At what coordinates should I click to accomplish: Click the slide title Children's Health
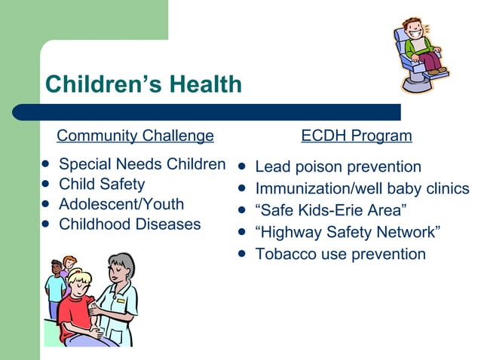(143, 84)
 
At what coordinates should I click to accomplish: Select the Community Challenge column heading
(136, 136)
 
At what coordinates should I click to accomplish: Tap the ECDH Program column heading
(357, 136)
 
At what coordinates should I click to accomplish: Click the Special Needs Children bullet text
(142, 164)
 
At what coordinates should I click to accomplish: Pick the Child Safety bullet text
(102, 185)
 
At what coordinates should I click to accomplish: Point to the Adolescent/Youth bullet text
(121, 204)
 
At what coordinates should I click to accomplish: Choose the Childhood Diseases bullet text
(130, 224)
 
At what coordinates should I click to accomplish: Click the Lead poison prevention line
(338, 166)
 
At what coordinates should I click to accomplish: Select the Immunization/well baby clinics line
(362, 188)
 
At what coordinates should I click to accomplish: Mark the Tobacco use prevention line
(340, 254)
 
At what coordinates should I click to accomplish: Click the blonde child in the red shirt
(78, 301)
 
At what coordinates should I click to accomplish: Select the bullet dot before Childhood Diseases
(46, 224)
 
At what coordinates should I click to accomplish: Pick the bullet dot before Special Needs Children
(46, 164)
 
